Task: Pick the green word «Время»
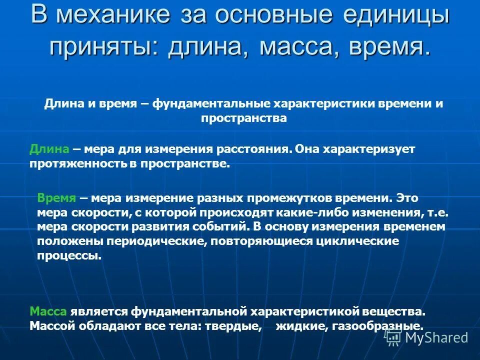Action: (56, 197)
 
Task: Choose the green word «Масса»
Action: (48, 311)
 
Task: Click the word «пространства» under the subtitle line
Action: (244, 118)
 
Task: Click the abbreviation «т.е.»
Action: (438, 212)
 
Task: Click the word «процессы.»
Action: (69, 255)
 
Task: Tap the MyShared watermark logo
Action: (427, 337)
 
